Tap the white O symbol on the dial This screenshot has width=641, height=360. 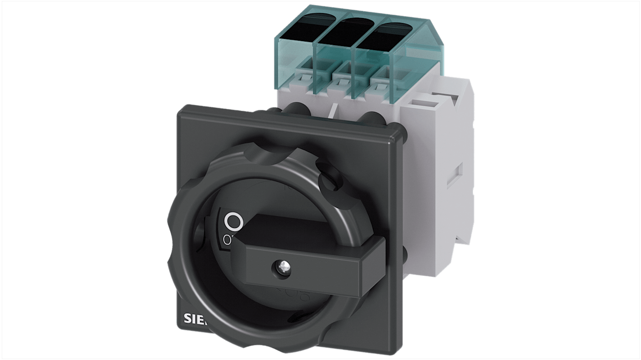(x=233, y=222)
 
